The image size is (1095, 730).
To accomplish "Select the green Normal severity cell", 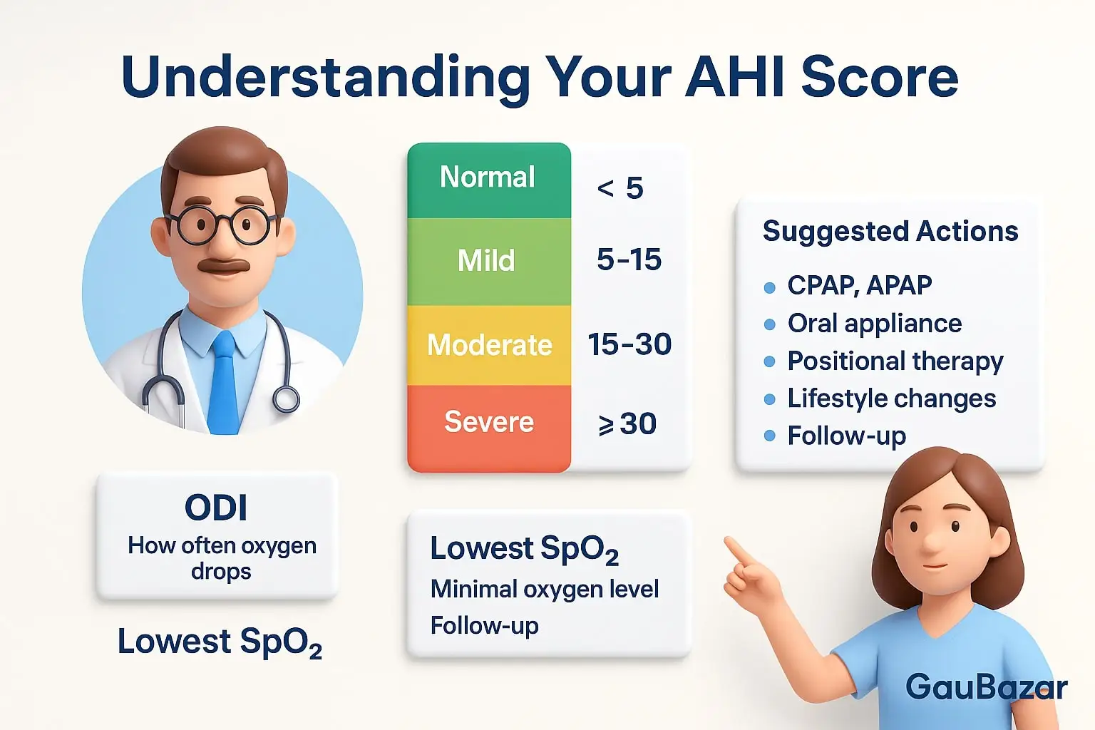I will tap(488, 178).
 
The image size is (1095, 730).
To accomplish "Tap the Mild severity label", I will tap(486, 261).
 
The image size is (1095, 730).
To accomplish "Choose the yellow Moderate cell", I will tap(489, 346).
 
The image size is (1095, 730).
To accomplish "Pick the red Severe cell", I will tap(489, 423).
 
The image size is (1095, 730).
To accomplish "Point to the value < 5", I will tap(620, 189).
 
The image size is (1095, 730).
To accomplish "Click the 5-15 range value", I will tap(629, 260).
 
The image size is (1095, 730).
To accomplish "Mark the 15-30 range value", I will tap(629, 345).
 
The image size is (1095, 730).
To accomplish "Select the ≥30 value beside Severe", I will tap(627, 424).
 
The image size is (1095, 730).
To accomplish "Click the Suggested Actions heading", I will tap(890, 232).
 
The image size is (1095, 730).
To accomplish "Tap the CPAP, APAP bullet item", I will tap(859, 286).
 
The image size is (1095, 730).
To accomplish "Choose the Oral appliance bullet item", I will tap(874, 324).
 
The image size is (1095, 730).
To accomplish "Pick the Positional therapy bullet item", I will tap(895, 361).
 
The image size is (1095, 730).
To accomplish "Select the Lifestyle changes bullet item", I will tap(891, 399).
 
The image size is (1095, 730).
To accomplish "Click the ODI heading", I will tap(216, 508).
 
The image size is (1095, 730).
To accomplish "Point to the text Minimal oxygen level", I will tap(545, 590).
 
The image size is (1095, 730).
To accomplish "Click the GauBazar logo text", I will tap(986, 687).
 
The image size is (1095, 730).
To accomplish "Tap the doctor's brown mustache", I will tap(223, 266).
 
